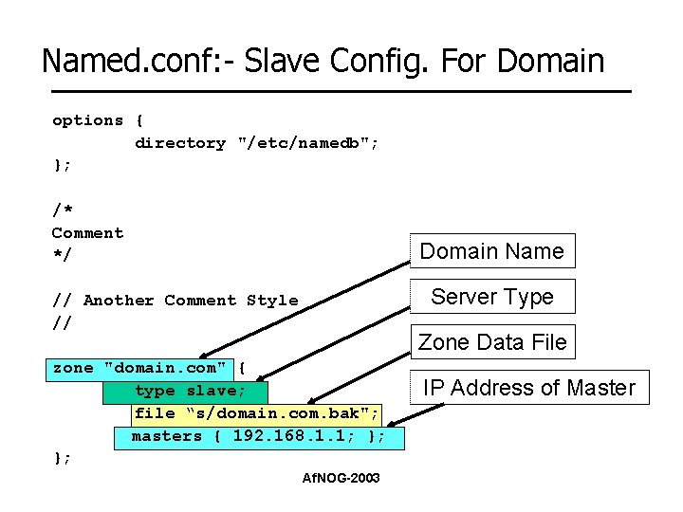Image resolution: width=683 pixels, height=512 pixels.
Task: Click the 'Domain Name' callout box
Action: click(491, 251)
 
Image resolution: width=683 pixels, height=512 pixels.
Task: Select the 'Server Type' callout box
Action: click(491, 297)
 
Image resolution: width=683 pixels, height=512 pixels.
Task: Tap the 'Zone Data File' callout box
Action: click(491, 342)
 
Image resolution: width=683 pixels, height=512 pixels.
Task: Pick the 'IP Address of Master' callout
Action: click(528, 388)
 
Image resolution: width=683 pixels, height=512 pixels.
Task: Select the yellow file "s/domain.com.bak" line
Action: click(256, 413)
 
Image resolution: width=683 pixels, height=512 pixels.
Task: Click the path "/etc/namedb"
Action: click(307, 143)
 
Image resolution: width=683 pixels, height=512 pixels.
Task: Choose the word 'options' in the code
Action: click(87, 120)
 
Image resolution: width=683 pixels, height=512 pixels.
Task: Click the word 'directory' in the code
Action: click(180, 143)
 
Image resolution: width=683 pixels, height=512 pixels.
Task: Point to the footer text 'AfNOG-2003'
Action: click(341, 478)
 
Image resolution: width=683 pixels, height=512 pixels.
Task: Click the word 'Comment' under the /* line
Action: click(87, 233)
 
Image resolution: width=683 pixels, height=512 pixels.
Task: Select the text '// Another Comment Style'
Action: click(175, 301)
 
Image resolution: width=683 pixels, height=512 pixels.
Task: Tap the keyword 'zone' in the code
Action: click(73, 368)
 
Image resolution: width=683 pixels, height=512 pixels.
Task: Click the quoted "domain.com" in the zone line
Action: click(165, 368)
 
